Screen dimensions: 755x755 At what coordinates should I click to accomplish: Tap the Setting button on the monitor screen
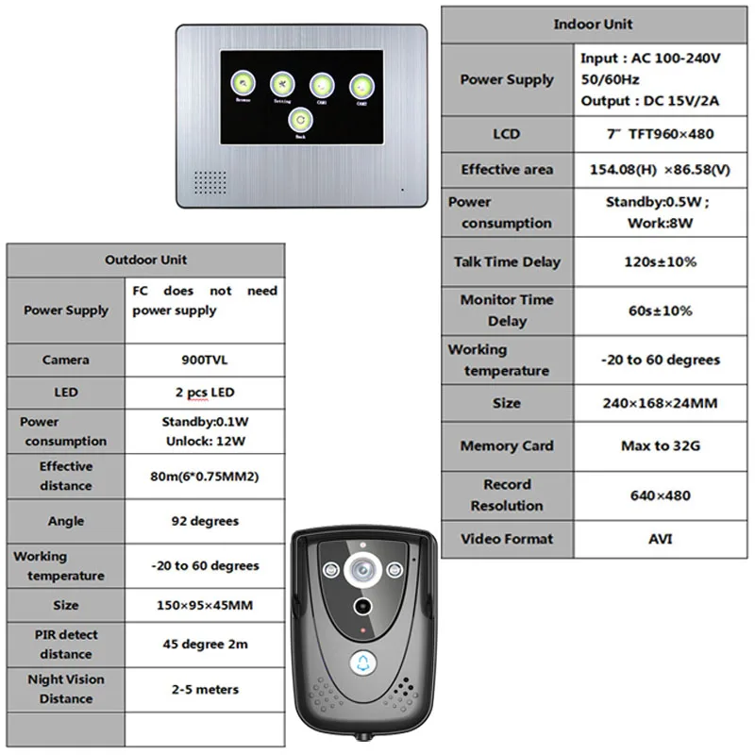pyautogui.click(x=281, y=84)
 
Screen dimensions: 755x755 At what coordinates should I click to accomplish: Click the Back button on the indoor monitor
pyautogui.click(x=300, y=120)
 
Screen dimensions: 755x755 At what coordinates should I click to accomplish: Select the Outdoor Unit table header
pyautogui.click(x=145, y=260)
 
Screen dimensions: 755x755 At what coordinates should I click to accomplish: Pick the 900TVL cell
pyautogui.click(x=204, y=360)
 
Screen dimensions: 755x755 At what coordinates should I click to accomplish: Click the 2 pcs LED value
pyautogui.click(x=204, y=392)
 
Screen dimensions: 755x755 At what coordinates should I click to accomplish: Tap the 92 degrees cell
pyautogui.click(x=204, y=521)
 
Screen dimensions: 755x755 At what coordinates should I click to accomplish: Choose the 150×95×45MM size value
pyautogui.click(x=204, y=605)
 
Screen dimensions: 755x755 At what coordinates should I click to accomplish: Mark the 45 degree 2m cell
pyautogui.click(x=204, y=644)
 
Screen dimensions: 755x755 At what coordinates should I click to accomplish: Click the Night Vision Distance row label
pyautogui.click(x=66, y=689)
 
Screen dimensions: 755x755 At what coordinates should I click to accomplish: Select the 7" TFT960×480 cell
pyautogui.click(x=660, y=134)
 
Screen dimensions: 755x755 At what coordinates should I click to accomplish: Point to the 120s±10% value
pyautogui.click(x=660, y=261)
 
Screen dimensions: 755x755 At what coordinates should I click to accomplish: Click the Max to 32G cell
pyautogui.click(x=660, y=445)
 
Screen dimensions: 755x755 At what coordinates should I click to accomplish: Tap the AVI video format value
pyautogui.click(x=660, y=539)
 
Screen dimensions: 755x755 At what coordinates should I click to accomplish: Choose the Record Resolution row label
pyautogui.click(x=507, y=495)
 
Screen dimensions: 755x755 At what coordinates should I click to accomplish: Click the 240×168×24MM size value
pyautogui.click(x=660, y=403)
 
